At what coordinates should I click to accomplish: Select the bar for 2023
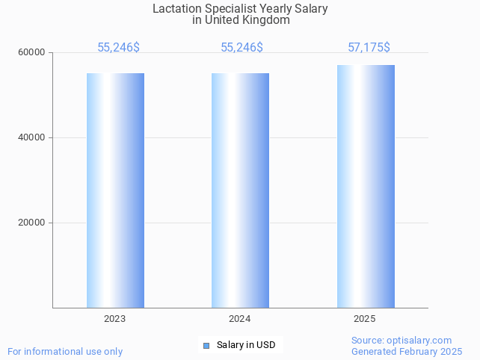tap(115, 190)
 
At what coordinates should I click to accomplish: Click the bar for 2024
tap(240, 190)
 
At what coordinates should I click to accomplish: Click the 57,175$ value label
tap(369, 48)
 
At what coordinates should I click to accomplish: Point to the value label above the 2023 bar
tap(118, 48)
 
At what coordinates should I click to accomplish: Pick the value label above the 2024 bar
tap(241, 48)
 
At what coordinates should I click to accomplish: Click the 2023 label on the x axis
tap(115, 319)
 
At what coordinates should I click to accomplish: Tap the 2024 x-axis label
tap(240, 319)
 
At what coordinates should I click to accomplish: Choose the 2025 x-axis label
tap(365, 319)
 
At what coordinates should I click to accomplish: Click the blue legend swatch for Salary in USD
tap(206, 345)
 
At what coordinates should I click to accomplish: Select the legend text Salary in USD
tap(246, 345)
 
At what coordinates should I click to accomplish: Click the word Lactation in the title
tap(177, 9)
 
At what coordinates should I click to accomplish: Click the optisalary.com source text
tap(401, 341)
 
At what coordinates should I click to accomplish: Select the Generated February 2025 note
tap(407, 352)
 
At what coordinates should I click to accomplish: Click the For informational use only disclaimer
tap(65, 352)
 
